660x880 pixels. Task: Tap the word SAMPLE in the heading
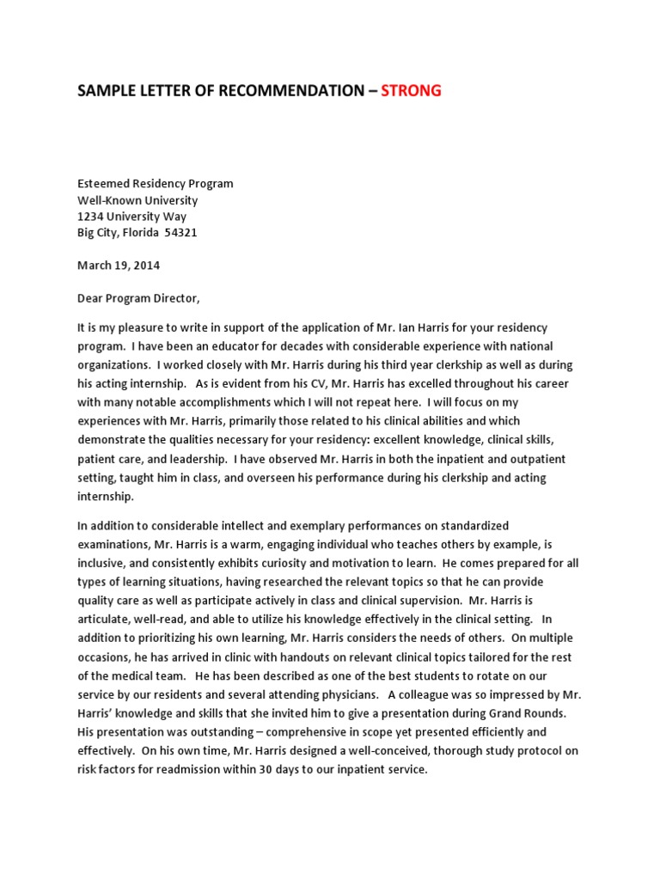106,91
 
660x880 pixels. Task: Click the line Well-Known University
137,200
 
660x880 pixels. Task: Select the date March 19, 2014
119,266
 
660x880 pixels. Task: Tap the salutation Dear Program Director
138,298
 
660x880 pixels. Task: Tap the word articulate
105,619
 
